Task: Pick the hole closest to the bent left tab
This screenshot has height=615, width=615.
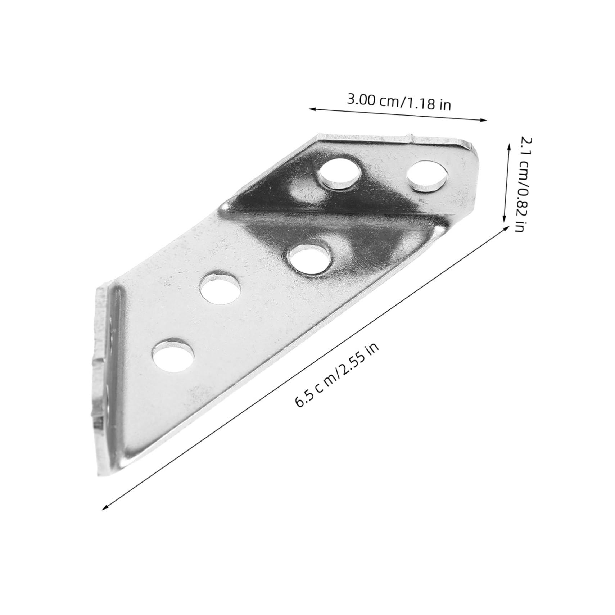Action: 173,354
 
